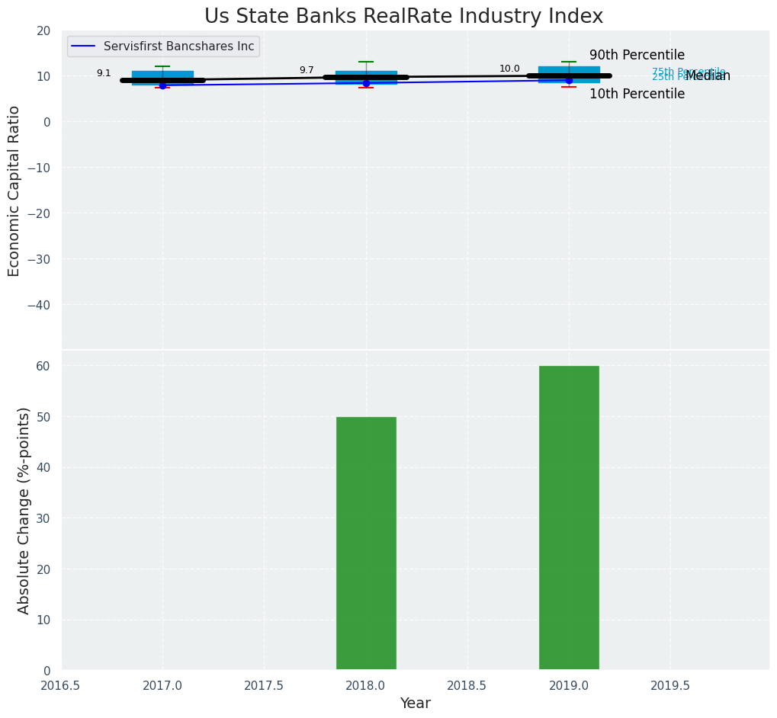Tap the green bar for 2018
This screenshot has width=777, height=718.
coord(366,543)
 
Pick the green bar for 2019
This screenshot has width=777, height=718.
coord(569,518)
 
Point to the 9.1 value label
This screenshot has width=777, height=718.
coord(104,73)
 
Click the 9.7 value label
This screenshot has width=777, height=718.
coord(307,70)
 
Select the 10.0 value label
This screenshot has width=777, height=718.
coord(509,69)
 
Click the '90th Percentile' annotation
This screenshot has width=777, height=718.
coord(637,56)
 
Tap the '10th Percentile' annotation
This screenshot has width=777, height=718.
coord(637,95)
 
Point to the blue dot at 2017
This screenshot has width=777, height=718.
coord(162,85)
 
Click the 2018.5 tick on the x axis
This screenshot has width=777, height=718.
coord(467,686)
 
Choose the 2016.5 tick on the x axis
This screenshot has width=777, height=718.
coord(61,686)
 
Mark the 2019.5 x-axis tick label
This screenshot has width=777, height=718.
coord(670,686)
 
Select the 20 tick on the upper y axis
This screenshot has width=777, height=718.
coord(43,30)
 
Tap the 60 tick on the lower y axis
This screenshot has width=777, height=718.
coord(43,366)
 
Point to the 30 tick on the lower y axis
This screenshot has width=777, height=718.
coord(43,518)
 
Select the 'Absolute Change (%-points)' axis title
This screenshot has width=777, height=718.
coord(24,510)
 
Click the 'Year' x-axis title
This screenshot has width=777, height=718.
coord(416,704)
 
